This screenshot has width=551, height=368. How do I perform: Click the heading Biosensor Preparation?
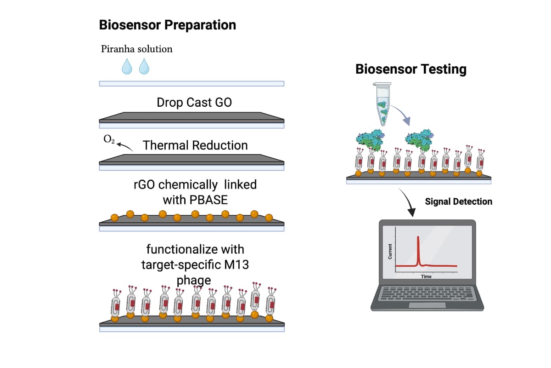click(168, 25)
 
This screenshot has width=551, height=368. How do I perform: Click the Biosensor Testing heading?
click(411, 69)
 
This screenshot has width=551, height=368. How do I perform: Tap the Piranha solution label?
click(137, 49)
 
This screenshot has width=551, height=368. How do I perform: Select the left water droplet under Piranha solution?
click(127, 67)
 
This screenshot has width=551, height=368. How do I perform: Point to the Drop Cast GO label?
click(194, 102)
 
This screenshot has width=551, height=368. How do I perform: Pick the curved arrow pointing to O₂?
click(125, 146)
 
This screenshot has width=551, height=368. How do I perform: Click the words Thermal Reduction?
click(195, 145)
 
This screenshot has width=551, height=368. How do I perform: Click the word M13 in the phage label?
click(235, 265)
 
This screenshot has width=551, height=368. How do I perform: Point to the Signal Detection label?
click(458, 201)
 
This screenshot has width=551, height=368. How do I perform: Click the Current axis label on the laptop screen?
click(390, 251)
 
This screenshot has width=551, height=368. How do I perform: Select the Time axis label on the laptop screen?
click(426, 276)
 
